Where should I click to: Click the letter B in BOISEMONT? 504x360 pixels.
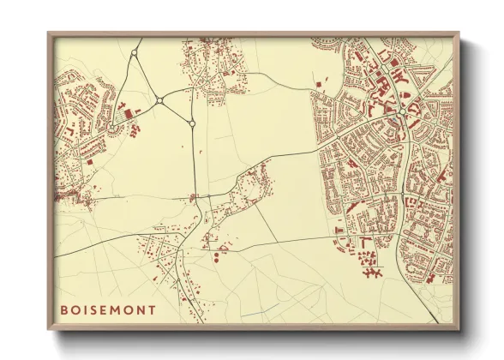pyautogui.click(x=64, y=309)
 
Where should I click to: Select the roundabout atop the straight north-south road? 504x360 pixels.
pyautogui.click(x=192, y=123)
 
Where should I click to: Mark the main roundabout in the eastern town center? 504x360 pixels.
pyautogui.click(x=401, y=111)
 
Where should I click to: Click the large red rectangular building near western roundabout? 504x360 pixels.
pyautogui.click(x=128, y=113)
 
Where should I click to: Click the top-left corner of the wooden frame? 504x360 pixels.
pyautogui.click(x=48, y=33)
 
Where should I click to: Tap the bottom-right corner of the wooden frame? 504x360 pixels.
pyautogui.click(x=459, y=331)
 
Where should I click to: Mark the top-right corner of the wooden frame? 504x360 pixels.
pyautogui.click(x=459, y=33)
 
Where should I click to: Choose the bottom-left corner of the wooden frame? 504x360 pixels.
pyautogui.click(x=48, y=331)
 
